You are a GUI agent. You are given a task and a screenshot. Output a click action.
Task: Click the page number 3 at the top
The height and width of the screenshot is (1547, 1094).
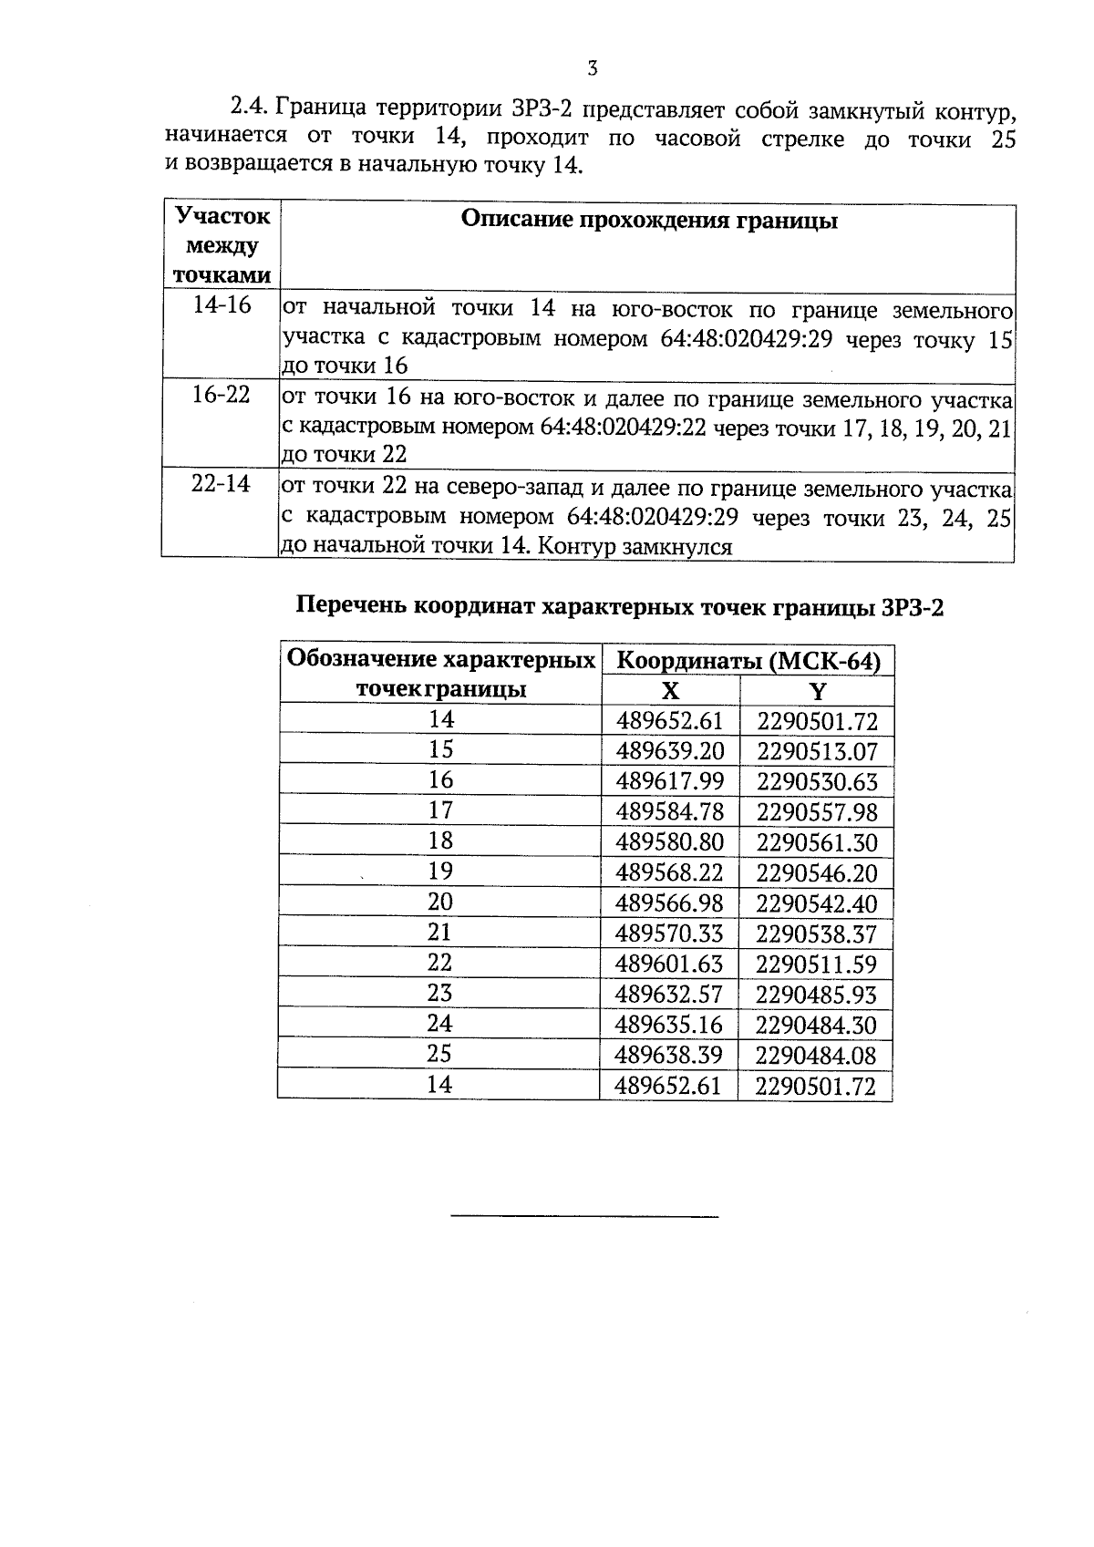(x=593, y=68)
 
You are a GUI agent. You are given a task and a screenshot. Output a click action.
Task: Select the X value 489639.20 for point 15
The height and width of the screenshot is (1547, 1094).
(x=669, y=751)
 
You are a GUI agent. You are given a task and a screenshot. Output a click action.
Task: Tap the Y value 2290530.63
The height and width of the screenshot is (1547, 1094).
(x=816, y=782)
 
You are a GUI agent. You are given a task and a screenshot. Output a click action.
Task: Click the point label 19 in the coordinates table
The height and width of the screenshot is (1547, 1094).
(x=440, y=871)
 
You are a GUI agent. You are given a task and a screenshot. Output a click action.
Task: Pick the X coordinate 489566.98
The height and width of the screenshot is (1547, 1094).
(x=669, y=903)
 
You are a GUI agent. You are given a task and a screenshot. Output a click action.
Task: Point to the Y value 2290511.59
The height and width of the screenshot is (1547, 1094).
(x=816, y=964)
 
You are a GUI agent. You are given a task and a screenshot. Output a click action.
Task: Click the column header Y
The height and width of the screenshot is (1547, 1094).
(x=817, y=691)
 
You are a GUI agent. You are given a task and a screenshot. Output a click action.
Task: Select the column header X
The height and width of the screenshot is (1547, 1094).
(x=670, y=691)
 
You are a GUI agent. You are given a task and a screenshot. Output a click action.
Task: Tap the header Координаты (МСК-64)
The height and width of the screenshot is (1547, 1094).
(x=748, y=661)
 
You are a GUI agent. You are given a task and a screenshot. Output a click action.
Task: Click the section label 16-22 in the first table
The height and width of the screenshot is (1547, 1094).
(x=222, y=396)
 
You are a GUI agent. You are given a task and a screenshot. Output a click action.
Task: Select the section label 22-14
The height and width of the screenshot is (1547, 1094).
(x=221, y=484)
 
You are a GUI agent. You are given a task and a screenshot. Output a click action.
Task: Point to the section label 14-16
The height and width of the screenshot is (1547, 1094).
(x=222, y=305)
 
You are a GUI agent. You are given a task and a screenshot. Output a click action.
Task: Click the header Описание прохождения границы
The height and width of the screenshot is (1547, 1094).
(x=649, y=221)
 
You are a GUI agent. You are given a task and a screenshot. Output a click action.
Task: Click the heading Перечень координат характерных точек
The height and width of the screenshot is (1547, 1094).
(x=620, y=607)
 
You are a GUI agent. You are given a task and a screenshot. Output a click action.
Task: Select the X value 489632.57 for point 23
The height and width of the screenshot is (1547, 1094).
(x=669, y=995)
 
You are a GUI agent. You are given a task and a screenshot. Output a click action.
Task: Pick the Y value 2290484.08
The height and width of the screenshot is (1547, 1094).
(x=816, y=1056)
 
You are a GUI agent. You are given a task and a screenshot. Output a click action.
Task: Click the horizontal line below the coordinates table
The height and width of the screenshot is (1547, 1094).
(x=584, y=1216)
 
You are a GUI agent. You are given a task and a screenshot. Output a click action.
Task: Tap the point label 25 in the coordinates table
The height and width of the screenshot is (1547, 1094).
(x=439, y=1054)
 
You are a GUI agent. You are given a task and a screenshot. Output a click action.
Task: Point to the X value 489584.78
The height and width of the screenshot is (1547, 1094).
(x=669, y=812)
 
